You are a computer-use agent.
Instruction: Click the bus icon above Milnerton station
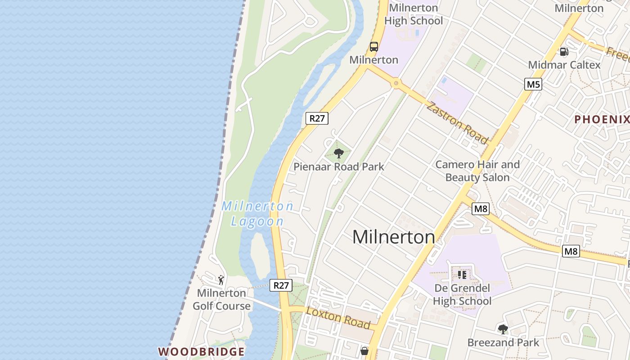(x=374, y=46)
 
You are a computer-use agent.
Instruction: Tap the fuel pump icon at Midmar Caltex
(x=564, y=52)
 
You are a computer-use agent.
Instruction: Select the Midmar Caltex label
(x=564, y=65)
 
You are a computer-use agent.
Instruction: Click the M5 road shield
(x=533, y=84)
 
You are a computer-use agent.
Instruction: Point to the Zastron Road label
(x=456, y=123)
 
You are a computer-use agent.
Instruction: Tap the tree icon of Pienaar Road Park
(x=339, y=153)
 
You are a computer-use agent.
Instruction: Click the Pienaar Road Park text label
(x=338, y=167)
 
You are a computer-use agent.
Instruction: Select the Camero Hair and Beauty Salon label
(x=477, y=171)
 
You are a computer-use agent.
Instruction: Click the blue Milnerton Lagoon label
(x=257, y=213)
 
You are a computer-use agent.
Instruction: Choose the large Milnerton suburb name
(x=393, y=237)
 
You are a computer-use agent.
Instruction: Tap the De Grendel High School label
(x=462, y=294)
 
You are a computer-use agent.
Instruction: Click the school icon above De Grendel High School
(x=462, y=274)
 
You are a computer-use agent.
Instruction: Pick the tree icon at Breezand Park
(x=503, y=329)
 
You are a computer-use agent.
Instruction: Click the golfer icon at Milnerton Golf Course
(x=221, y=280)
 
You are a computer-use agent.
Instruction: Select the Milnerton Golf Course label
(x=221, y=299)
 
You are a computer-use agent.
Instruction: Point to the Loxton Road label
(x=338, y=318)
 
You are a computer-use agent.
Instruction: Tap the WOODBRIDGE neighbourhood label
(x=201, y=351)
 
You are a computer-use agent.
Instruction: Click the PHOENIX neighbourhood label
(x=602, y=119)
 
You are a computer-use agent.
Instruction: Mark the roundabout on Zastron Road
(x=396, y=83)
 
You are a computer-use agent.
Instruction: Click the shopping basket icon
(x=364, y=351)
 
